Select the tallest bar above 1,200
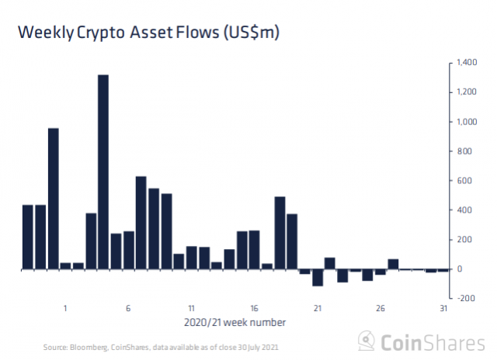click(x=103, y=171)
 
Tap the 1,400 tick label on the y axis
click(x=465, y=63)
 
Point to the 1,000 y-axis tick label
click(x=465, y=122)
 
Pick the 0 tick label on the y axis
click(x=461, y=269)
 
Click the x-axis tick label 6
click(x=128, y=308)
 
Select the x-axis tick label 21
click(x=318, y=308)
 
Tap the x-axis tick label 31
click(x=443, y=308)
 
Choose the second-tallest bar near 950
click(x=54, y=199)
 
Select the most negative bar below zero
click(x=318, y=278)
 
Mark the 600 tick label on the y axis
click(x=465, y=181)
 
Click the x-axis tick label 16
click(x=254, y=308)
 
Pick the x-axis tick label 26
click(x=381, y=308)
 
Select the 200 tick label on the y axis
click(x=465, y=240)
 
